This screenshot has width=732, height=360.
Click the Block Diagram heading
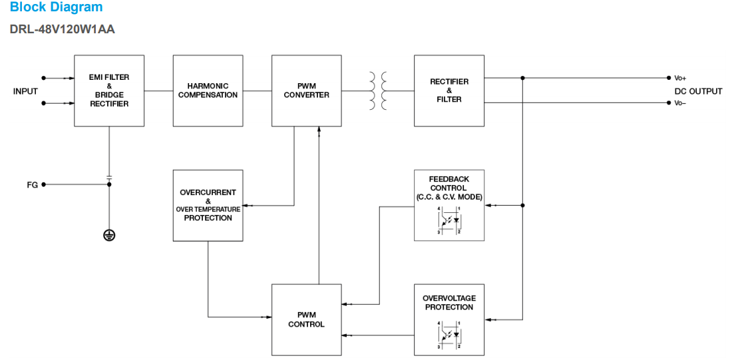[56, 7]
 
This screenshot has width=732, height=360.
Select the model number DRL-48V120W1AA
[62, 30]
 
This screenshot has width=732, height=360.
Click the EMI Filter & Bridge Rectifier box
[109, 90]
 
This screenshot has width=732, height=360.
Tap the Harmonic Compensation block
[208, 90]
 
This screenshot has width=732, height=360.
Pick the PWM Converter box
[306, 90]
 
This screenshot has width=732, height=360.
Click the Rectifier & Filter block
[449, 90]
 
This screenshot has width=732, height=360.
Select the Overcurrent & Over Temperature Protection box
[208, 205]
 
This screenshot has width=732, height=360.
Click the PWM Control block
[306, 319]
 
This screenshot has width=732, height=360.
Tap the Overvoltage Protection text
[449, 303]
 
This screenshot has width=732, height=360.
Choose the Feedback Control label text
[449, 188]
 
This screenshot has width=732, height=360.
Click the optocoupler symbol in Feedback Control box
[449, 221]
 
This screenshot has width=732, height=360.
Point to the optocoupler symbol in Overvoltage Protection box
[449, 335]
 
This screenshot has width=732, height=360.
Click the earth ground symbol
[109, 235]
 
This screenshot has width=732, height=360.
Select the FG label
[32, 185]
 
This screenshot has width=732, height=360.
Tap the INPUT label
[25, 91]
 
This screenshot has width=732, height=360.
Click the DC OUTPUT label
[697, 91]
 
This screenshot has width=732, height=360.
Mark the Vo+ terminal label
[680, 79]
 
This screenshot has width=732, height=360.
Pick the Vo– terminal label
[680, 103]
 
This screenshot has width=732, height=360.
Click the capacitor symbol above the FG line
[109, 178]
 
